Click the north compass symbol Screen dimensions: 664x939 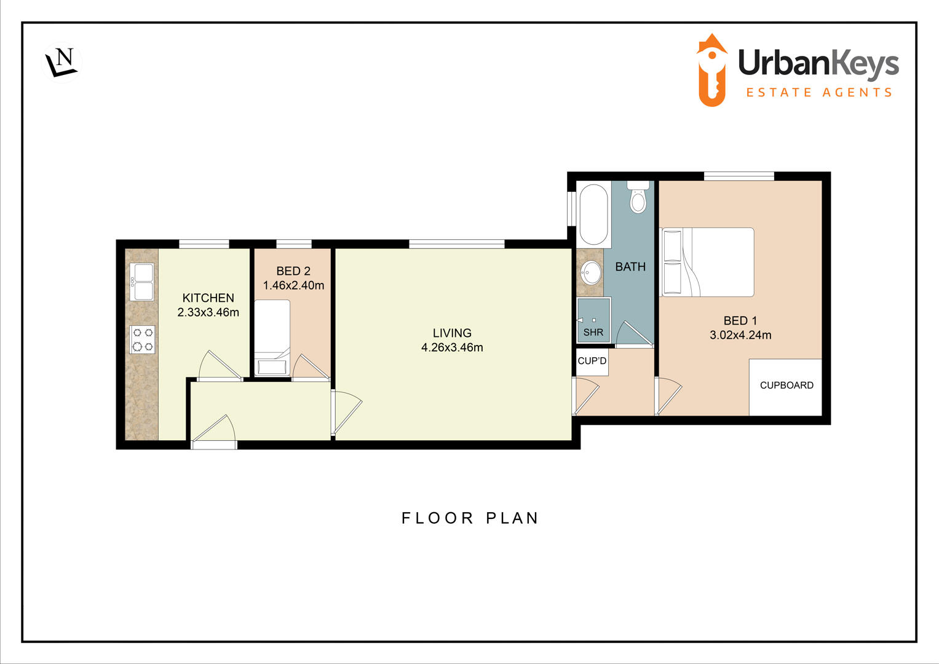click(x=62, y=62)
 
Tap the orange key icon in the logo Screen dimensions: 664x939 click(x=711, y=70)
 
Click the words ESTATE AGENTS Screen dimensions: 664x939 click(x=818, y=93)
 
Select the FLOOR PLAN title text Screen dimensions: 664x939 click(x=470, y=518)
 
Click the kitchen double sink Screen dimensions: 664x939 click(x=142, y=282)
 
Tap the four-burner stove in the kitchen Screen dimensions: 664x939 click(x=143, y=340)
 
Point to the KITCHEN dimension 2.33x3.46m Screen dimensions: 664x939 click(x=208, y=312)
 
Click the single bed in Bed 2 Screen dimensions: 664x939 click(x=272, y=337)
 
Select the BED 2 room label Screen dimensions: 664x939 click(x=293, y=271)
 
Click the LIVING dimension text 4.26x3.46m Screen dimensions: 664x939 click(x=452, y=347)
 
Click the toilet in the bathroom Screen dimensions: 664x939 click(x=638, y=197)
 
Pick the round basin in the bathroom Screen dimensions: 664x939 click(x=592, y=272)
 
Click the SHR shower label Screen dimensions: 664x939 click(x=593, y=333)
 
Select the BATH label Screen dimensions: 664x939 click(x=630, y=267)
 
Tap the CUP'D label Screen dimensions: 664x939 click(x=592, y=361)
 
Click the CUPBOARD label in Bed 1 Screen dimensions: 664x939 click(x=786, y=385)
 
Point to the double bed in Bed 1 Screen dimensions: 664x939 click(x=707, y=263)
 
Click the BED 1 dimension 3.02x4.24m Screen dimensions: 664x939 click(x=740, y=335)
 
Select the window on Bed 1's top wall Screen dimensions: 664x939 click(x=739, y=176)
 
